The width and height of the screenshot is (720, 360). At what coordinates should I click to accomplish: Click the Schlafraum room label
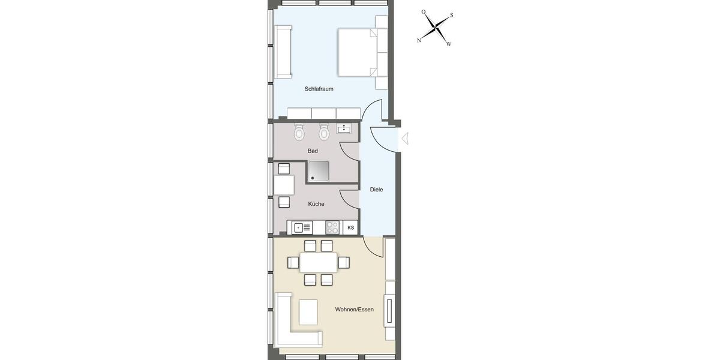point(319,89)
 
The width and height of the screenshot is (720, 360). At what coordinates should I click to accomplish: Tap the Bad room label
point(313,151)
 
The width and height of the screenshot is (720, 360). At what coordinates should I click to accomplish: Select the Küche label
point(316,204)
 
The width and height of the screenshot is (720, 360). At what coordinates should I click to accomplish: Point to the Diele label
point(376,190)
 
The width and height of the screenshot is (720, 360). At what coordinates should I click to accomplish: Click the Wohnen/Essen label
point(354,310)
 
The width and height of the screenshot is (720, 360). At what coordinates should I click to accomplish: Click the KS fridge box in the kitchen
point(351,228)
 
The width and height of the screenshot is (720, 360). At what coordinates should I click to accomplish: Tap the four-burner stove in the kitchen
point(332,227)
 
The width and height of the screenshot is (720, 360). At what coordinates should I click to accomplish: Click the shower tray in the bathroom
point(319,172)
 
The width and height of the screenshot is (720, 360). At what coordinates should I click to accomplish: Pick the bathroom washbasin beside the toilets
point(344,128)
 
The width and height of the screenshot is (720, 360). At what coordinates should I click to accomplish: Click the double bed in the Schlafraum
point(358,52)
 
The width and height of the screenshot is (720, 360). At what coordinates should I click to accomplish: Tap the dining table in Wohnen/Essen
point(318,262)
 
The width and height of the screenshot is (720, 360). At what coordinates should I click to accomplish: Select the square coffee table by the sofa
point(308,312)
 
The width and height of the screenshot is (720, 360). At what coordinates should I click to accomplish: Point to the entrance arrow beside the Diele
point(405,139)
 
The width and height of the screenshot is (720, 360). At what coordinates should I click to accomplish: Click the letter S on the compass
point(451,16)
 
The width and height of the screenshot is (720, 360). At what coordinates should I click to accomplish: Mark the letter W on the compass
point(448,44)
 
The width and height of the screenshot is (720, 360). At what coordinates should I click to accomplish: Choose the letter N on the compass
point(419,40)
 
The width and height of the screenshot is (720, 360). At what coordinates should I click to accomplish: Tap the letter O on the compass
point(423,12)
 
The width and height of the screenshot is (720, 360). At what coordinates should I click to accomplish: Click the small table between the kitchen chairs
point(284,185)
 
